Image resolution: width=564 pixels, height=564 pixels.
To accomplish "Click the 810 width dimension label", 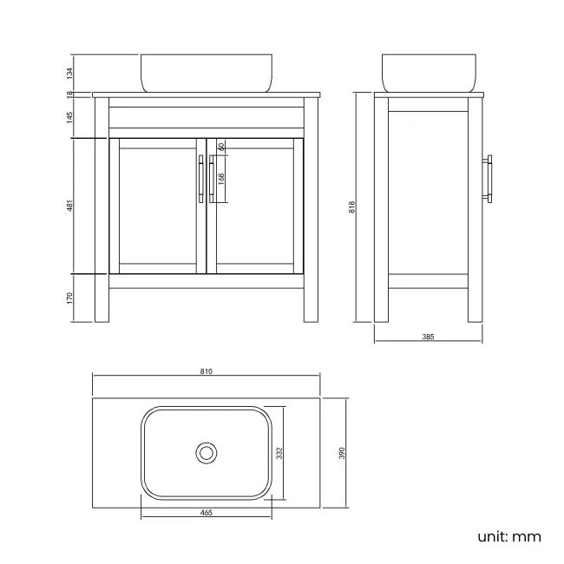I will pyautogui.click(x=207, y=371).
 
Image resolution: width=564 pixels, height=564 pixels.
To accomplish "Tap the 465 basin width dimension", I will pyautogui.click(x=207, y=513).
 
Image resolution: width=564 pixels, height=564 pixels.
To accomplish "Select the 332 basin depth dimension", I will pyautogui.click(x=279, y=453).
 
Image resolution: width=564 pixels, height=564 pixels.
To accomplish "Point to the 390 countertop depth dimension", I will pyautogui.click(x=342, y=453).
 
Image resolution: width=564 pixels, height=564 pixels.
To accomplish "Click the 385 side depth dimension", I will pyautogui.click(x=428, y=336).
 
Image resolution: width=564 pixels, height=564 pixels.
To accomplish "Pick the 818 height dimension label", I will pyautogui.click(x=351, y=207).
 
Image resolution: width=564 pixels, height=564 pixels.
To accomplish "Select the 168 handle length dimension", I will pyautogui.click(x=221, y=179).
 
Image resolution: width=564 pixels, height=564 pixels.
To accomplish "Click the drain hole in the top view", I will pyautogui.click(x=207, y=452).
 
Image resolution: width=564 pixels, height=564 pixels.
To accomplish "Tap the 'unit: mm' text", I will pyautogui.click(x=508, y=536).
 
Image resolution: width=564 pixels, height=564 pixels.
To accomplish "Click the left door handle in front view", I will pyautogui.click(x=201, y=179).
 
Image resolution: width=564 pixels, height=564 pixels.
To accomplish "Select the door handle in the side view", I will pyautogui.click(x=490, y=180).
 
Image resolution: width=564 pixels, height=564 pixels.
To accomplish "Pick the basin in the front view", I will pyautogui.click(x=207, y=73).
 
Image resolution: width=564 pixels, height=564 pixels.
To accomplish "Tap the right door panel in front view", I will pyautogui.click(x=254, y=206).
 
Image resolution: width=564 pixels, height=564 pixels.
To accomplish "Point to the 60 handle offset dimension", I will pyautogui.click(x=221, y=147).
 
